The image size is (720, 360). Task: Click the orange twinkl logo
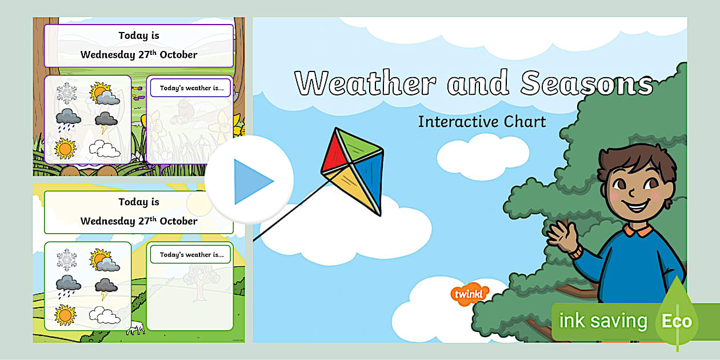click(469, 294)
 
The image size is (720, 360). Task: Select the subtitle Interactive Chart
click(482, 122)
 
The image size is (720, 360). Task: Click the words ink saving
click(603, 321)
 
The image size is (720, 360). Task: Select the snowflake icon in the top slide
click(66, 93)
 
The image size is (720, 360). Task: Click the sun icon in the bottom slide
click(65, 314)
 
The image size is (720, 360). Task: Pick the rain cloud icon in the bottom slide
click(67, 285)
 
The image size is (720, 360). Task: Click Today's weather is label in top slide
click(190, 89)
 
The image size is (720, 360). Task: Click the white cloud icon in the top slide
click(104, 150)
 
